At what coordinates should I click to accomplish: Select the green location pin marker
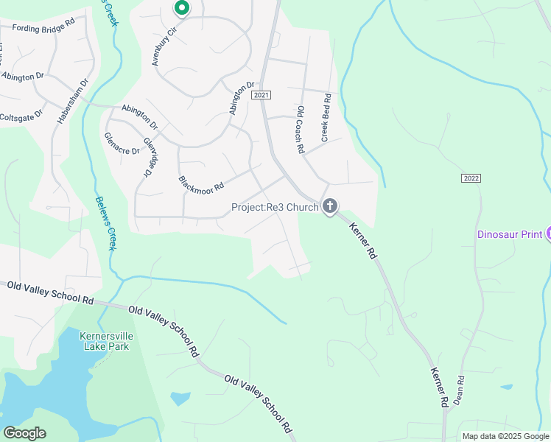tap(181, 8)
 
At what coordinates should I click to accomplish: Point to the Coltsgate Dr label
tap(22, 117)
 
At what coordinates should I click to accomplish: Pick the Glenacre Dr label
tap(122, 143)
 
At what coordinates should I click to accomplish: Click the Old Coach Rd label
tap(301, 129)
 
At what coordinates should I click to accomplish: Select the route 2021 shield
tap(261, 96)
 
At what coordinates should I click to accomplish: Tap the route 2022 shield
tap(471, 178)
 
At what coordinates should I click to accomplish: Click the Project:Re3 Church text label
tap(275, 207)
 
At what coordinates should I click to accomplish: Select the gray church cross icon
tap(330, 206)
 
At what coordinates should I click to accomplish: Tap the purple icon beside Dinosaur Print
tap(548, 234)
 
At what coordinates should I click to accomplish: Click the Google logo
tap(24, 433)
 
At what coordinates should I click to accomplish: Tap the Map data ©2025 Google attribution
tap(505, 436)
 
